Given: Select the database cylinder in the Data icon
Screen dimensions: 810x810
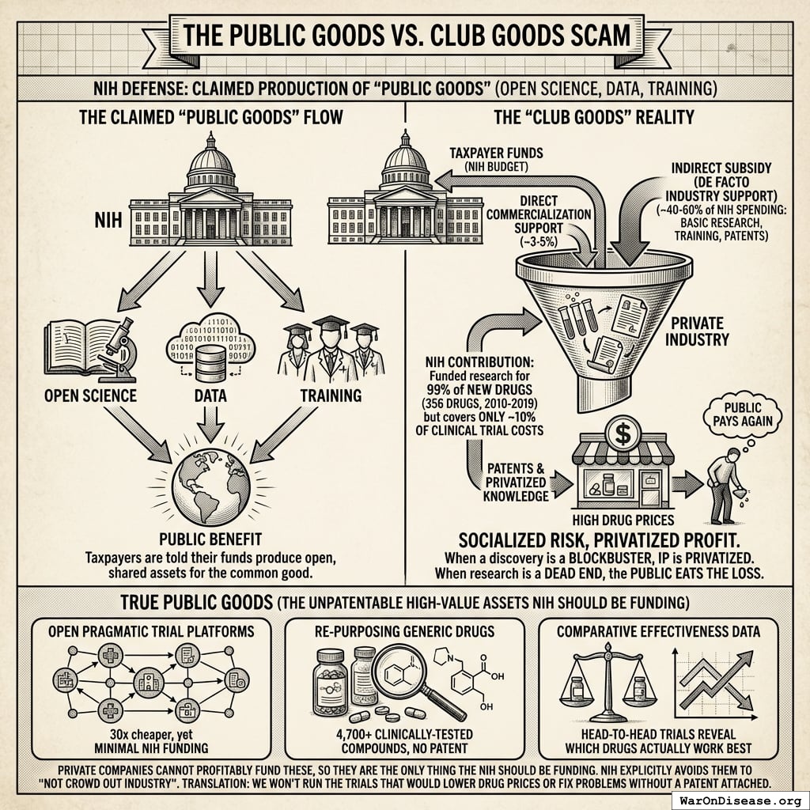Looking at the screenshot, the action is [210, 364].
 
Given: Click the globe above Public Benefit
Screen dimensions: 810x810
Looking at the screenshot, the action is [210, 486].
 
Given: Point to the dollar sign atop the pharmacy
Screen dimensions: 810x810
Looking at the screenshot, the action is [623, 433].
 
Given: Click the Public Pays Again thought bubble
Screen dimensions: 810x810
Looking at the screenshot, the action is [743, 414].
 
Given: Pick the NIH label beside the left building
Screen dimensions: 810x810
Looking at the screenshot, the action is [108, 221].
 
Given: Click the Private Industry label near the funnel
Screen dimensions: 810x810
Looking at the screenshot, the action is [697, 331].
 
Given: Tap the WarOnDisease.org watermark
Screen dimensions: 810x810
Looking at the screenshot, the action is [740, 801].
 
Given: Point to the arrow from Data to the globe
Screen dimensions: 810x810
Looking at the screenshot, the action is [210, 424].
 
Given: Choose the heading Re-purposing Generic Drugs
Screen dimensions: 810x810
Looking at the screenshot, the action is [404, 631].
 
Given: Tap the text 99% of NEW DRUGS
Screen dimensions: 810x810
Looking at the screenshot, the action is [479, 389].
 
